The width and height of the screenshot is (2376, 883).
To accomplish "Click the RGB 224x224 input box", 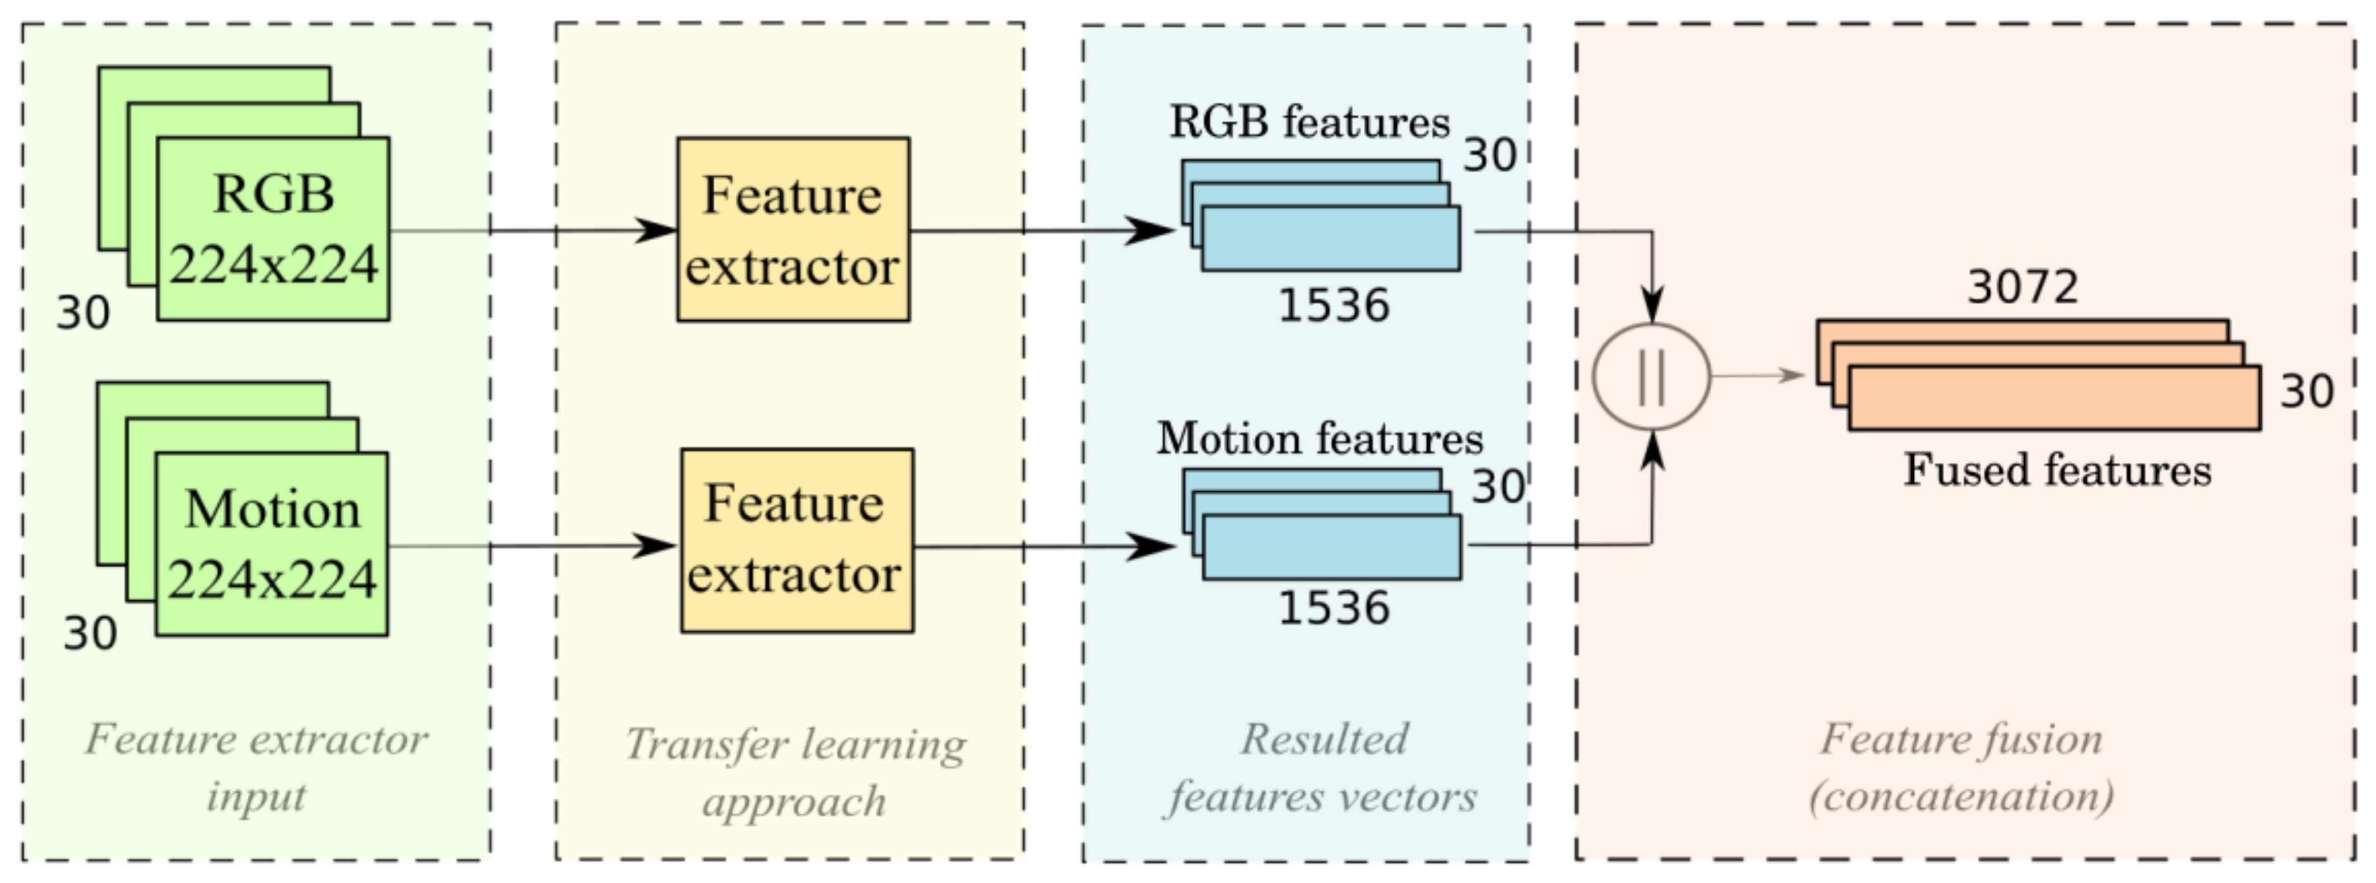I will pos(273,229).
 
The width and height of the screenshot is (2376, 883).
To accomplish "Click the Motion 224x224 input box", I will pos(272,544).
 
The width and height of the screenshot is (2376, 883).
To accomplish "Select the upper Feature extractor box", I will pos(793,230).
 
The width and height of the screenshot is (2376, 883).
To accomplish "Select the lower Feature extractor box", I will pos(797,541).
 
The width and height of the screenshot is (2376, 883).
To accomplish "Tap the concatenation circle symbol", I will pos(1651,376).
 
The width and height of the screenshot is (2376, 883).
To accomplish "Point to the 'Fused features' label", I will pos(2057,470).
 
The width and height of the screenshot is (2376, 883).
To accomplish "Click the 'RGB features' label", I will pos(1310,123).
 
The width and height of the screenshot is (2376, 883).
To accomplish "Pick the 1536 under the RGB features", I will pos(1333,305).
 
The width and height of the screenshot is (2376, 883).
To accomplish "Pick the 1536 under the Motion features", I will pos(1333,608).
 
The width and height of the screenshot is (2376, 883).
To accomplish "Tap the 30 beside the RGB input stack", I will pos(83,313).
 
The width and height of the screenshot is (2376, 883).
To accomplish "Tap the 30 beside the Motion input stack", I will pos(90,633).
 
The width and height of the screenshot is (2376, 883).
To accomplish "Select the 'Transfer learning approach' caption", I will pos(795,771).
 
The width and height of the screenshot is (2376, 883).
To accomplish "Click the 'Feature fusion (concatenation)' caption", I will pos(1961,767).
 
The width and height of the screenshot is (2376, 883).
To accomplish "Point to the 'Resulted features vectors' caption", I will pos(1322,767).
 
